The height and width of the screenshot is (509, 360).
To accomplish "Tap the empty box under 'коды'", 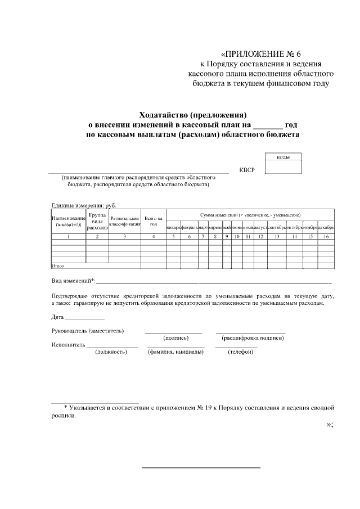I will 283,167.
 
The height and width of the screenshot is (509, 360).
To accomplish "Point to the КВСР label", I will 247,170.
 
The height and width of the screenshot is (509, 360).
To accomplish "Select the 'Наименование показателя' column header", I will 68,221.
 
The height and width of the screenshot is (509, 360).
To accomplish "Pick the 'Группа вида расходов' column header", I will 97,221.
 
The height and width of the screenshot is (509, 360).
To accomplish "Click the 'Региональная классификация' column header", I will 124,221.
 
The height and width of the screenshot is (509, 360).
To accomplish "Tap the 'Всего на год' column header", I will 154,221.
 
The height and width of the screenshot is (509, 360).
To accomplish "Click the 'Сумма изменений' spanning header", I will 250,215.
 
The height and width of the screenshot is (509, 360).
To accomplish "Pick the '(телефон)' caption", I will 236,352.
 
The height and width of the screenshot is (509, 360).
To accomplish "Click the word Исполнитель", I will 68,344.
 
